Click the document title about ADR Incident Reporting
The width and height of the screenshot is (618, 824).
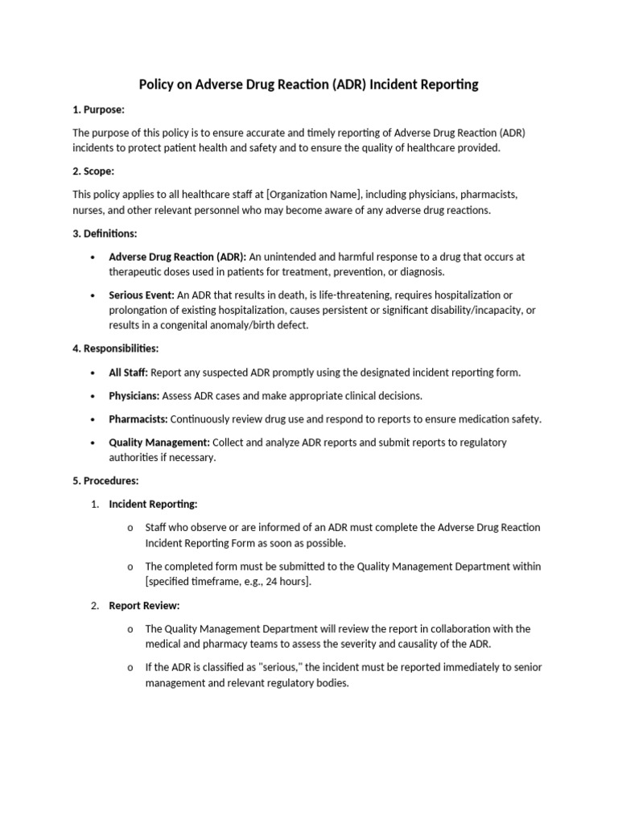pyautogui.click(x=309, y=84)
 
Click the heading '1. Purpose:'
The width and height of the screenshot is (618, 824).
pyautogui.click(x=98, y=109)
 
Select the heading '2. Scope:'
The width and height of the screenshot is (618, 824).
pyautogui.click(x=93, y=171)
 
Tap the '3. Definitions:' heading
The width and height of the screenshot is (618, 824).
pyautogui.click(x=105, y=233)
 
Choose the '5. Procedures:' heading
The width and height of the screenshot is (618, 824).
pyautogui.click(x=105, y=480)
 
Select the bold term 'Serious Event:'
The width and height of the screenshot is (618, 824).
pyautogui.click(x=142, y=295)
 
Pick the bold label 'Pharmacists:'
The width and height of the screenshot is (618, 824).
pyautogui.click(x=138, y=419)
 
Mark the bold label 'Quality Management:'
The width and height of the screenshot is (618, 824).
pyautogui.click(x=159, y=443)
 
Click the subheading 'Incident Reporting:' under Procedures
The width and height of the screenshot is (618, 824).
pyautogui.click(x=153, y=504)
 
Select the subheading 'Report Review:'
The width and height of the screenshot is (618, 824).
pyautogui.click(x=144, y=605)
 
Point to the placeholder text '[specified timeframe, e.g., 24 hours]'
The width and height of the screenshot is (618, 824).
pyautogui.click(x=227, y=582)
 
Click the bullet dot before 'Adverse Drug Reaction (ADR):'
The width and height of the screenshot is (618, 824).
pyautogui.click(x=93, y=257)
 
